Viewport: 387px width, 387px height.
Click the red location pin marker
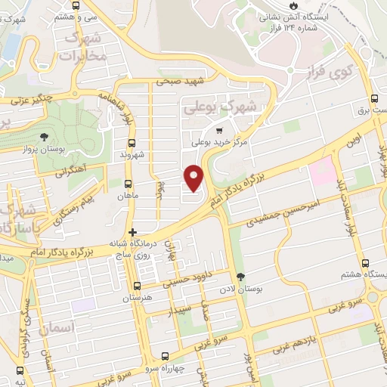(194, 178)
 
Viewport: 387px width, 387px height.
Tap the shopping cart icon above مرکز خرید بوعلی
(219, 130)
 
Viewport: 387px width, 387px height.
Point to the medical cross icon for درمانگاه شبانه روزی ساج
(132, 232)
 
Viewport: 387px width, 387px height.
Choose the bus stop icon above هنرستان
(137, 286)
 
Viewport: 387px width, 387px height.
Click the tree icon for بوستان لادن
(240, 277)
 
